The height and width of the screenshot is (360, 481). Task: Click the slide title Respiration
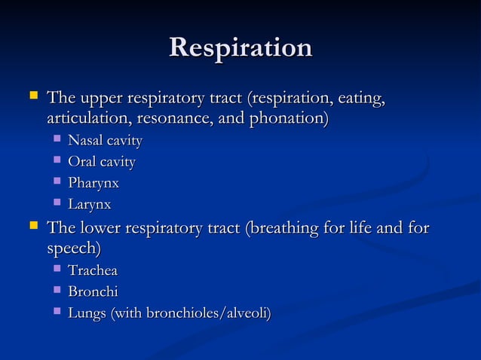240,48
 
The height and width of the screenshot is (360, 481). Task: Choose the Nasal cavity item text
105,141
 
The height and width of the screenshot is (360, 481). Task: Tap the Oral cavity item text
102,162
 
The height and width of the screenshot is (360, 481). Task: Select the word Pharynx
93,183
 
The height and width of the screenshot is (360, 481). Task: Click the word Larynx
90,204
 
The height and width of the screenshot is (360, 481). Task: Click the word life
378,227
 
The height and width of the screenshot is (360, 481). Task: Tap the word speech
72,249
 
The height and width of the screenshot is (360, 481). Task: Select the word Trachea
93,270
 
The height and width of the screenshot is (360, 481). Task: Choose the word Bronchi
93,291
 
